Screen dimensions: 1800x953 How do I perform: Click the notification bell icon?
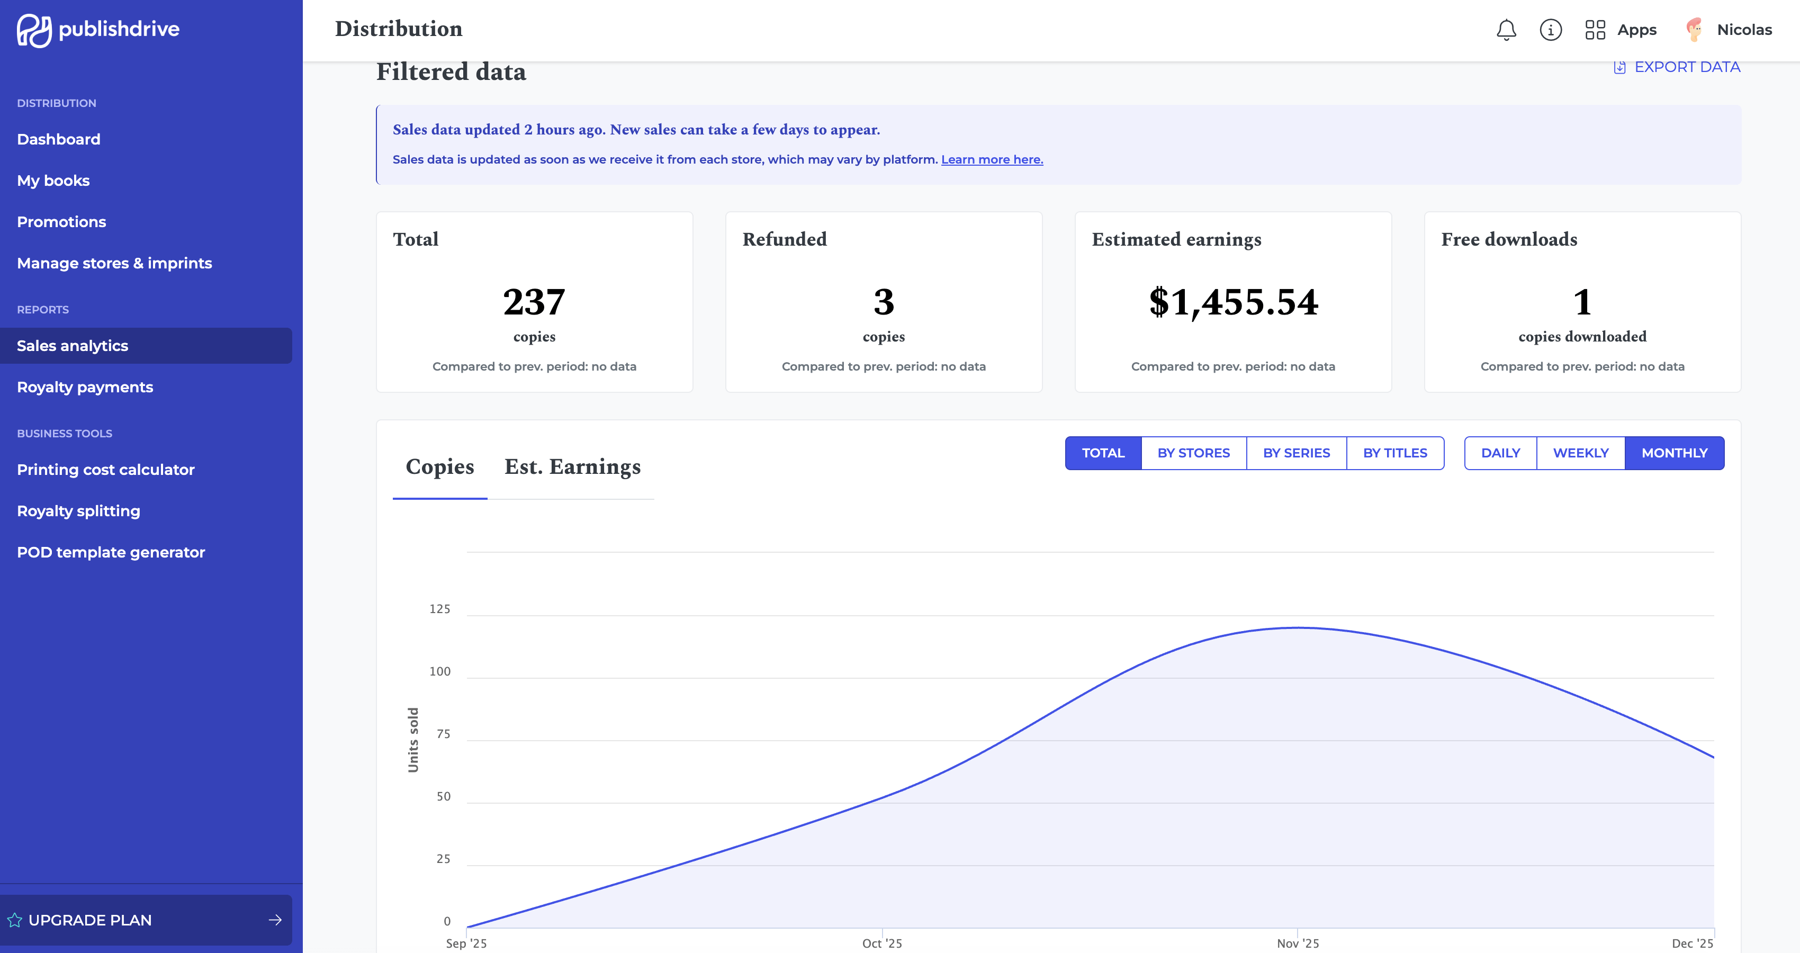[x=1506, y=30]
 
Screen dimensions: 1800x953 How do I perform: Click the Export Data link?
[x=1677, y=67]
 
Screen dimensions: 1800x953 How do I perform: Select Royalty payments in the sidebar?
[x=85, y=387]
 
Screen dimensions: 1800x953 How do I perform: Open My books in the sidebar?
[x=53, y=180]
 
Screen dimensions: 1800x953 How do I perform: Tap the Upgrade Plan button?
[x=146, y=920]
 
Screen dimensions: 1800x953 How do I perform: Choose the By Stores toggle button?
[x=1193, y=453]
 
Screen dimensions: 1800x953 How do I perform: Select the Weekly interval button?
[x=1581, y=453]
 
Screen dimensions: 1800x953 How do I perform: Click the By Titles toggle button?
[x=1394, y=453]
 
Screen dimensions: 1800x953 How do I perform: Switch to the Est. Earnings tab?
[x=572, y=467]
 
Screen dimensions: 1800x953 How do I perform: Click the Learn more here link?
[x=992, y=159]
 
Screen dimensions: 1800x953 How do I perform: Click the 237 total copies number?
[x=534, y=302]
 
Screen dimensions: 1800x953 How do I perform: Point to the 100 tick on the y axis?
[x=439, y=671]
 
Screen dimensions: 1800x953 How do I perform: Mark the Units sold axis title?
[x=413, y=740]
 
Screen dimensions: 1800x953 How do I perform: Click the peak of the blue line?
[x=1298, y=627]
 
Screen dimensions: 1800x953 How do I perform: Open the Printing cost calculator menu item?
[x=105, y=470]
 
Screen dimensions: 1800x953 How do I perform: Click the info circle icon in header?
[x=1551, y=30]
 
